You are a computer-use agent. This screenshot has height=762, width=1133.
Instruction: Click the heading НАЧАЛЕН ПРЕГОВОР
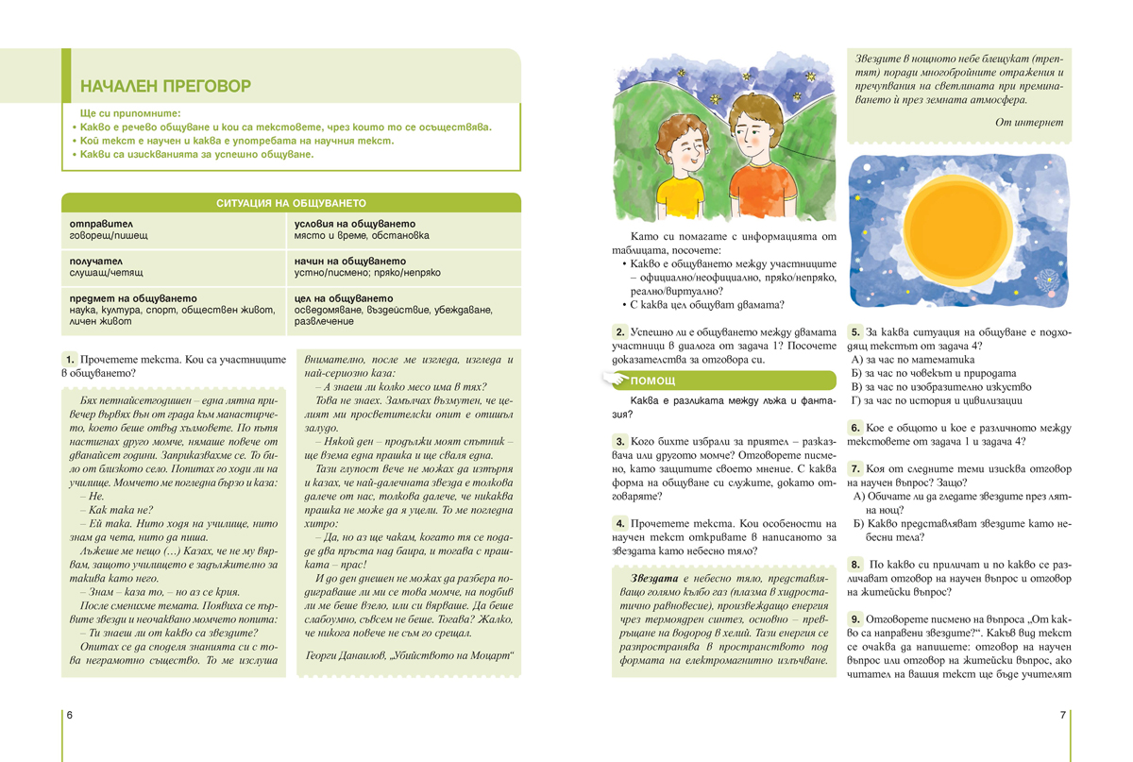click(x=165, y=87)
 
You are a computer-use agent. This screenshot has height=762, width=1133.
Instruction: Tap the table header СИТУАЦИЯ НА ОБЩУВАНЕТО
click(x=291, y=203)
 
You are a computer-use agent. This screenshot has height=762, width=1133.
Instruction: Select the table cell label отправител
click(x=95, y=224)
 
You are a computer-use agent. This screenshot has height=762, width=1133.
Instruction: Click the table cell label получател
click(x=95, y=261)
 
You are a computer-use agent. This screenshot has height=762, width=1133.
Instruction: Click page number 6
click(x=70, y=715)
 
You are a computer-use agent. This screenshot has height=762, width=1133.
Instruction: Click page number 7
click(x=1062, y=715)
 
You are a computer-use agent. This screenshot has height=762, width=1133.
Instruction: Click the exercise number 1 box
click(x=70, y=360)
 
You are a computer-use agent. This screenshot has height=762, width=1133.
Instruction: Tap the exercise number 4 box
click(x=619, y=523)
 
